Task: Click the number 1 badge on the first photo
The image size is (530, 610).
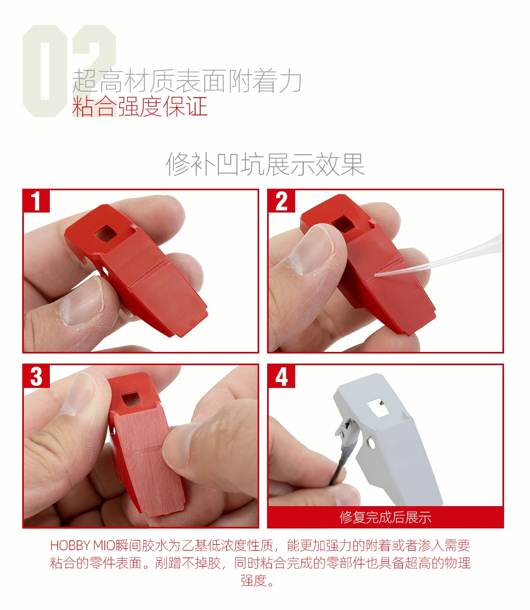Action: (x=36, y=201)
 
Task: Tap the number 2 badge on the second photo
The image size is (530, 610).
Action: (x=281, y=201)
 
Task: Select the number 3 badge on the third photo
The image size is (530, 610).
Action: (x=36, y=376)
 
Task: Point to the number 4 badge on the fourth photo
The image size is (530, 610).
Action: (x=281, y=376)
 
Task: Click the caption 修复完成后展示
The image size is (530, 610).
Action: (x=385, y=517)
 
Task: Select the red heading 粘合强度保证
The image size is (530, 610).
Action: (x=140, y=107)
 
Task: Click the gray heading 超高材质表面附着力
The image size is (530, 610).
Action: (x=187, y=81)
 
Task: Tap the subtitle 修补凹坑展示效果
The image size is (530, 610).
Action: (x=265, y=164)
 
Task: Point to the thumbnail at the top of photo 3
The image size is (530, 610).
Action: (x=80, y=392)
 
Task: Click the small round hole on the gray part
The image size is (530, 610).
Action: (x=371, y=443)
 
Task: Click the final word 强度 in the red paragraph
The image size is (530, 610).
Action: (x=253, y=580)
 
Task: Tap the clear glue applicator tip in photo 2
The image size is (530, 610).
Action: (x=375, y=275)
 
